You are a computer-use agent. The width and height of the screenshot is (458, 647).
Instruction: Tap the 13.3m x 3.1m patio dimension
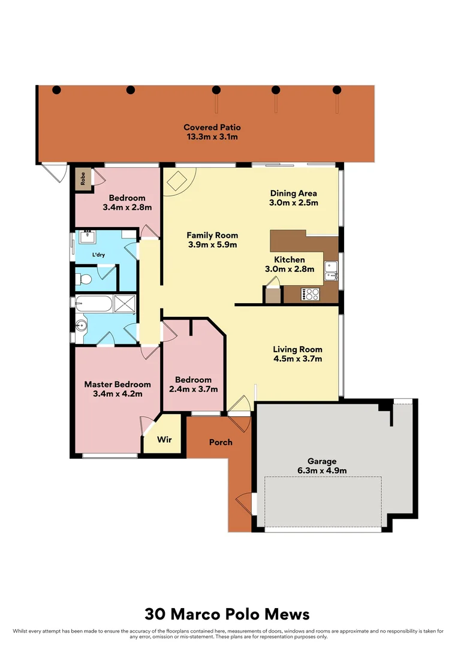pos(212,137)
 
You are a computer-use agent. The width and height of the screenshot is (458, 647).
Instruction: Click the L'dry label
pos(98,255)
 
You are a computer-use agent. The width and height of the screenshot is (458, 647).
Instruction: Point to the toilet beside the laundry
pos(85,279)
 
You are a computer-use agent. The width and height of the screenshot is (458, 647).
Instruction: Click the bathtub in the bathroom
pos(94,304)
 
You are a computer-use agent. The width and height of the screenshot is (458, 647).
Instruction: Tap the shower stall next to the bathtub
pos(125,304)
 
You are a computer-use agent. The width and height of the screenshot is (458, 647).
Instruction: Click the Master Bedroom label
pos(117,384)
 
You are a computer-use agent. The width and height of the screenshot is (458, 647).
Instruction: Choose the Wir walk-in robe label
pos(164,440)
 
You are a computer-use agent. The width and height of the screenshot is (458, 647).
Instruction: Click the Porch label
pos(220,442)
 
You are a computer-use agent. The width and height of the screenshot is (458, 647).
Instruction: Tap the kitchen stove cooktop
pos(311,294)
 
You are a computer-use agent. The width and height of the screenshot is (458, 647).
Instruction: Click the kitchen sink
pos(331,271)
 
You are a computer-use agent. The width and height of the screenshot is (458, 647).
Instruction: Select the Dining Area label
pos(293,193)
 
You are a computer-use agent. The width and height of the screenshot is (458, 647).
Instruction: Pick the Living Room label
pos(297,349)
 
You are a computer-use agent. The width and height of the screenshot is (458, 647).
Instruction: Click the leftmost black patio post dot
pos(56,90)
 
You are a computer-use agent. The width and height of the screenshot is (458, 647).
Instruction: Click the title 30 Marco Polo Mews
pos(227,614)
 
